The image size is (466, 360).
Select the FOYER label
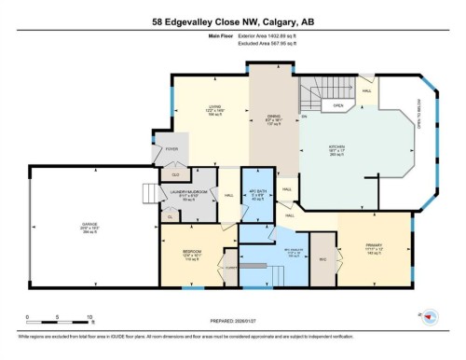pos(172,148)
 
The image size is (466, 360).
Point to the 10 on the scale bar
pos(89,316)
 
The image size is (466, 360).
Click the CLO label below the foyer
pos(172,173)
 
